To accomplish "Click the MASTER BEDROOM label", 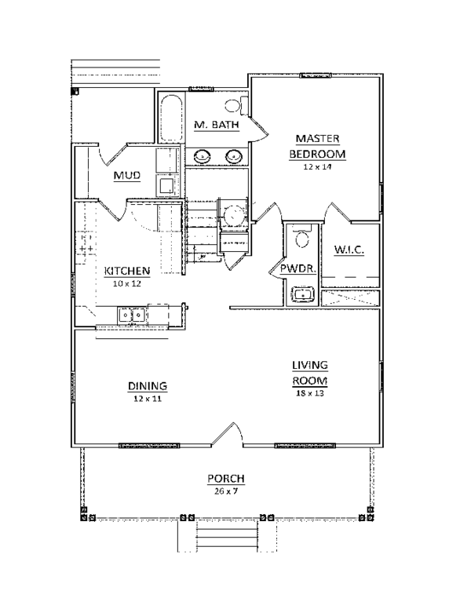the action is [x=317, y=146].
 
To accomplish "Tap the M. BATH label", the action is [x=217, y=125].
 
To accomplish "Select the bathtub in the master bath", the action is [x=171, y=118].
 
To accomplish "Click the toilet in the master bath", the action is [x=236, y=106].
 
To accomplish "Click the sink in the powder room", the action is [x=302, y=294].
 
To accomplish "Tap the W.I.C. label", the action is [x=349, y=250].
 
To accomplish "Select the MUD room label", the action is [x=127, y=176].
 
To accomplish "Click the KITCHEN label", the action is [x=127, y=271].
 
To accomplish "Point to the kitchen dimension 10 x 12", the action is [x=127, y=283].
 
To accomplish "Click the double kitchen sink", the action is [x=132, y=315].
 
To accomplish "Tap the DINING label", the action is [x=148, y=386].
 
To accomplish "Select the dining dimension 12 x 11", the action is [x=148, y=399].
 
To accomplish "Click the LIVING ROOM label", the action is [x=310, y=373].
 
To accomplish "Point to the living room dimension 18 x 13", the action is [x=310, y=393].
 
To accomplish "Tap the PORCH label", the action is [x=226, y=479].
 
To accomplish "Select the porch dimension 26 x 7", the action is [x=226, y=491].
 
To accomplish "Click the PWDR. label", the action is [x=298, y=268].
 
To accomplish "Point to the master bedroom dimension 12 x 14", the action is [x=317, y=167].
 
